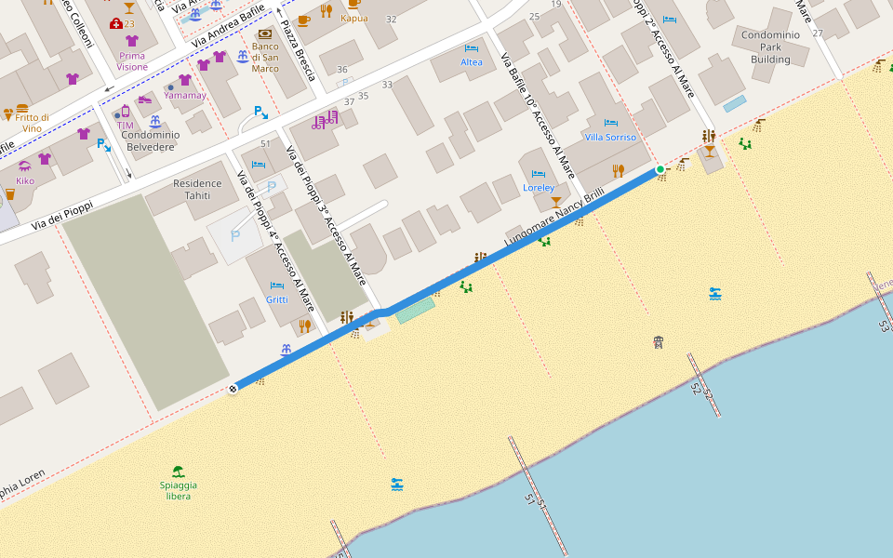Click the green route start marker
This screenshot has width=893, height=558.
(x=660, y=169)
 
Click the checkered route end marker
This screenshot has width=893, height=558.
(x=233, y=389)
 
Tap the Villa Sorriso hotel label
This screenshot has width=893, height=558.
(x=610, y=137)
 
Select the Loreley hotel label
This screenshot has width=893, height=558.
(x=539, y=187)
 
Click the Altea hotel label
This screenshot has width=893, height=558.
(x=472, y=62)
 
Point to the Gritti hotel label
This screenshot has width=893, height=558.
(x=277, y=299)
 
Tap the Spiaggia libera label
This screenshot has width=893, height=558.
(x=178, y=490)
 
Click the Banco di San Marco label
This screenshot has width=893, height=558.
(x=265, y=57)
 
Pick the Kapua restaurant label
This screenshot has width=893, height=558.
(x=353, y=19)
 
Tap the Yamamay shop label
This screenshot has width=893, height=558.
(x=184, y=95)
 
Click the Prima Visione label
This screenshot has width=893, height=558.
(x=132, y=60)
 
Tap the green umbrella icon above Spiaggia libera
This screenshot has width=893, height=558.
(x=178, y=472)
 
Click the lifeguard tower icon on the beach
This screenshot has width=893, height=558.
(x=659, y=341)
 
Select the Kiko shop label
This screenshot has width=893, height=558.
(x=25, y=180)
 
